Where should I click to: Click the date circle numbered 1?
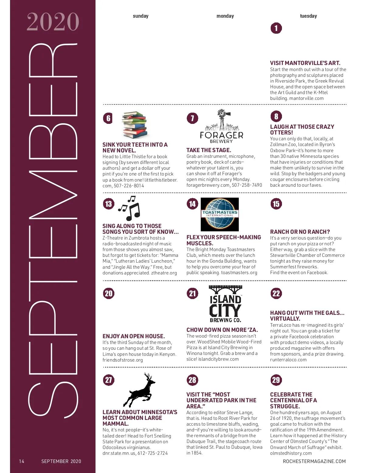pos(276,28)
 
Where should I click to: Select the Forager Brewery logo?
pos(221,127)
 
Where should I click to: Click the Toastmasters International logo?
pos(220,214)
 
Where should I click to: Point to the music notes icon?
pos(129,208)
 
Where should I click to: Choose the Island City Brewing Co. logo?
pos(225,304)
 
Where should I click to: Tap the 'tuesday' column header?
pos(308,16)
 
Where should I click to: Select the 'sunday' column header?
pos(141,16)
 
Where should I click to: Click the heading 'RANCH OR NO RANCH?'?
pos(300,232)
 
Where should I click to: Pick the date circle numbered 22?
pos(276,294)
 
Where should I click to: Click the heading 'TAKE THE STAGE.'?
pos(209,150)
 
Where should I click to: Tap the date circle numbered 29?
pos(276,380)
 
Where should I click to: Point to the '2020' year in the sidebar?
pos(53,22)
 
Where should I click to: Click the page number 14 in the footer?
pos(22,461)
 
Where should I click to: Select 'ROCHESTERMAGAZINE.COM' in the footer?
pos(314,461)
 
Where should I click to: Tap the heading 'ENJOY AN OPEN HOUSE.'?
pos(134,336)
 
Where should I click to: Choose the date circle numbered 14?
pos(192,204)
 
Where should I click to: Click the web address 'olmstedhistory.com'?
pos(291,453)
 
